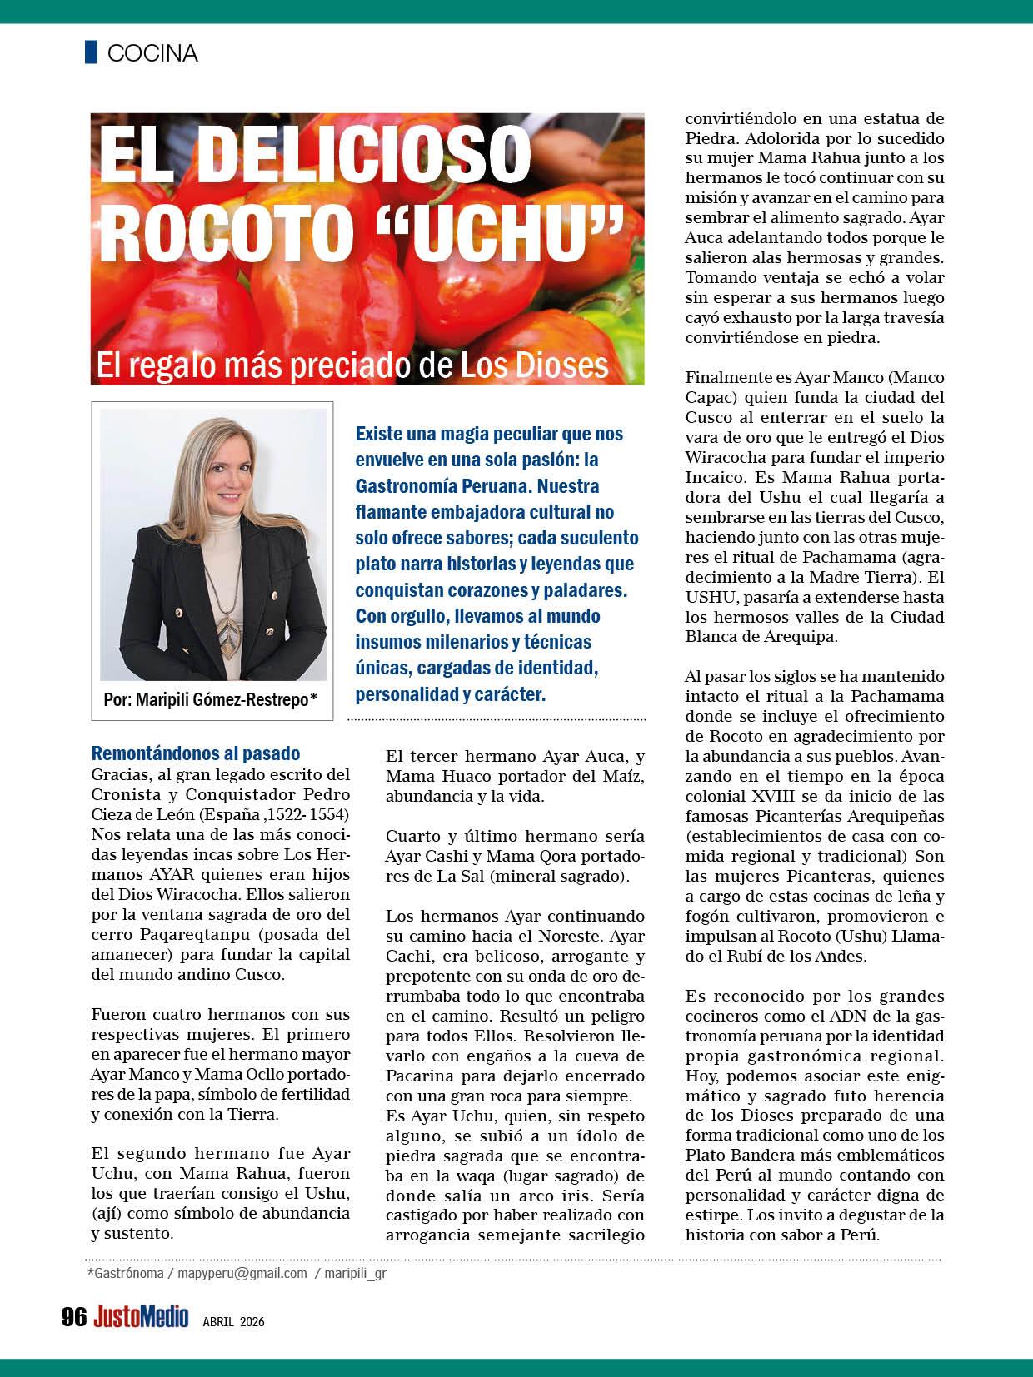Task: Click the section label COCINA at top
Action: coord(152,53)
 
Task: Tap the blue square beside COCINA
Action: coord(91,52)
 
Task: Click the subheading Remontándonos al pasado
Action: coord(195,753)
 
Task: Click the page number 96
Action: coord(74,1316)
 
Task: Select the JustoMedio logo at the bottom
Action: coord(141,1316)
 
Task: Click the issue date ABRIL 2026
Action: coord(233,1320)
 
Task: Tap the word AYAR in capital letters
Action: coord(173,874)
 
